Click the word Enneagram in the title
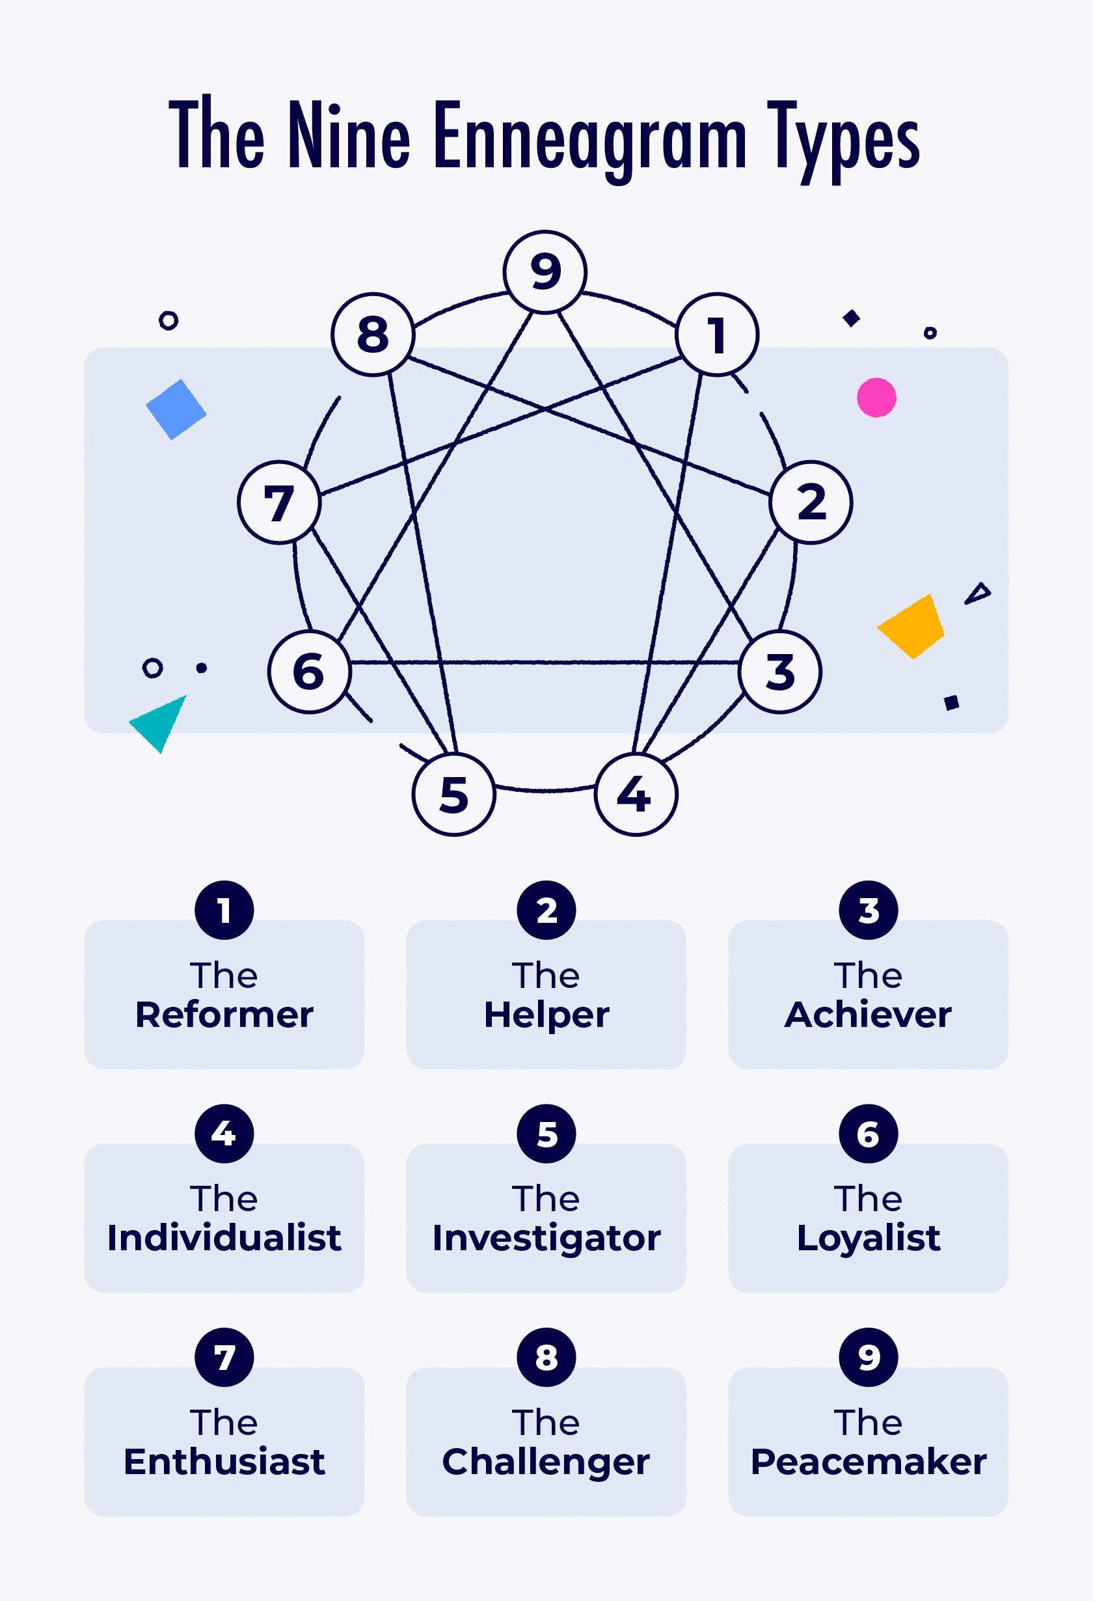tap(590, 136)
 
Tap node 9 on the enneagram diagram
tap(545, 272)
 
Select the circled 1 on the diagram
tap(717, 335)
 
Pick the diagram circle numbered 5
tap(454, 794)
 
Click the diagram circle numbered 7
tap(279, 502)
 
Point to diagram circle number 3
tap(779, 672)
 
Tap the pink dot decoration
tap(876, 398)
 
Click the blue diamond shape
tap(176, 409)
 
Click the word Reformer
tap(224, 1015)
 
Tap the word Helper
tap(546, 1015)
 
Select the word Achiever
tap(868, 1015)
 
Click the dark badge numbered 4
tap(224, 1134)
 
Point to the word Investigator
tap(546, 1238)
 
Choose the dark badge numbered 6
tap(868, 1134)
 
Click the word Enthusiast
tap(224, 1461)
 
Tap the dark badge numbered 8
tap(546, 1357)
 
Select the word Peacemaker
tap(868, 1461)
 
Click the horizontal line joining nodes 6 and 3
tap(544, 662)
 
